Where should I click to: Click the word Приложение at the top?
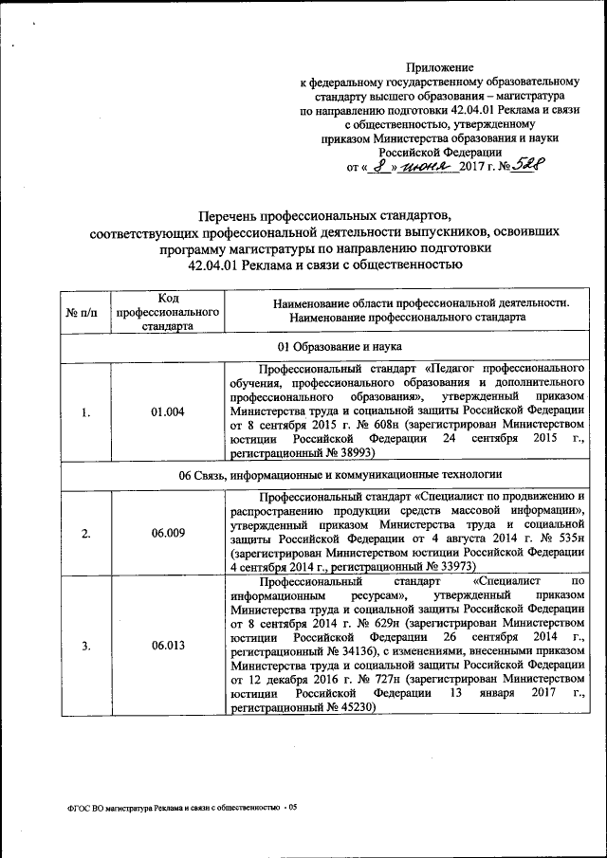439,68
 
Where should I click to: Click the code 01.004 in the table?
167,411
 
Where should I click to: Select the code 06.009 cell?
167,532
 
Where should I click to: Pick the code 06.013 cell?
167,646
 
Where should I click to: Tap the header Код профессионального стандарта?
167,311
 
